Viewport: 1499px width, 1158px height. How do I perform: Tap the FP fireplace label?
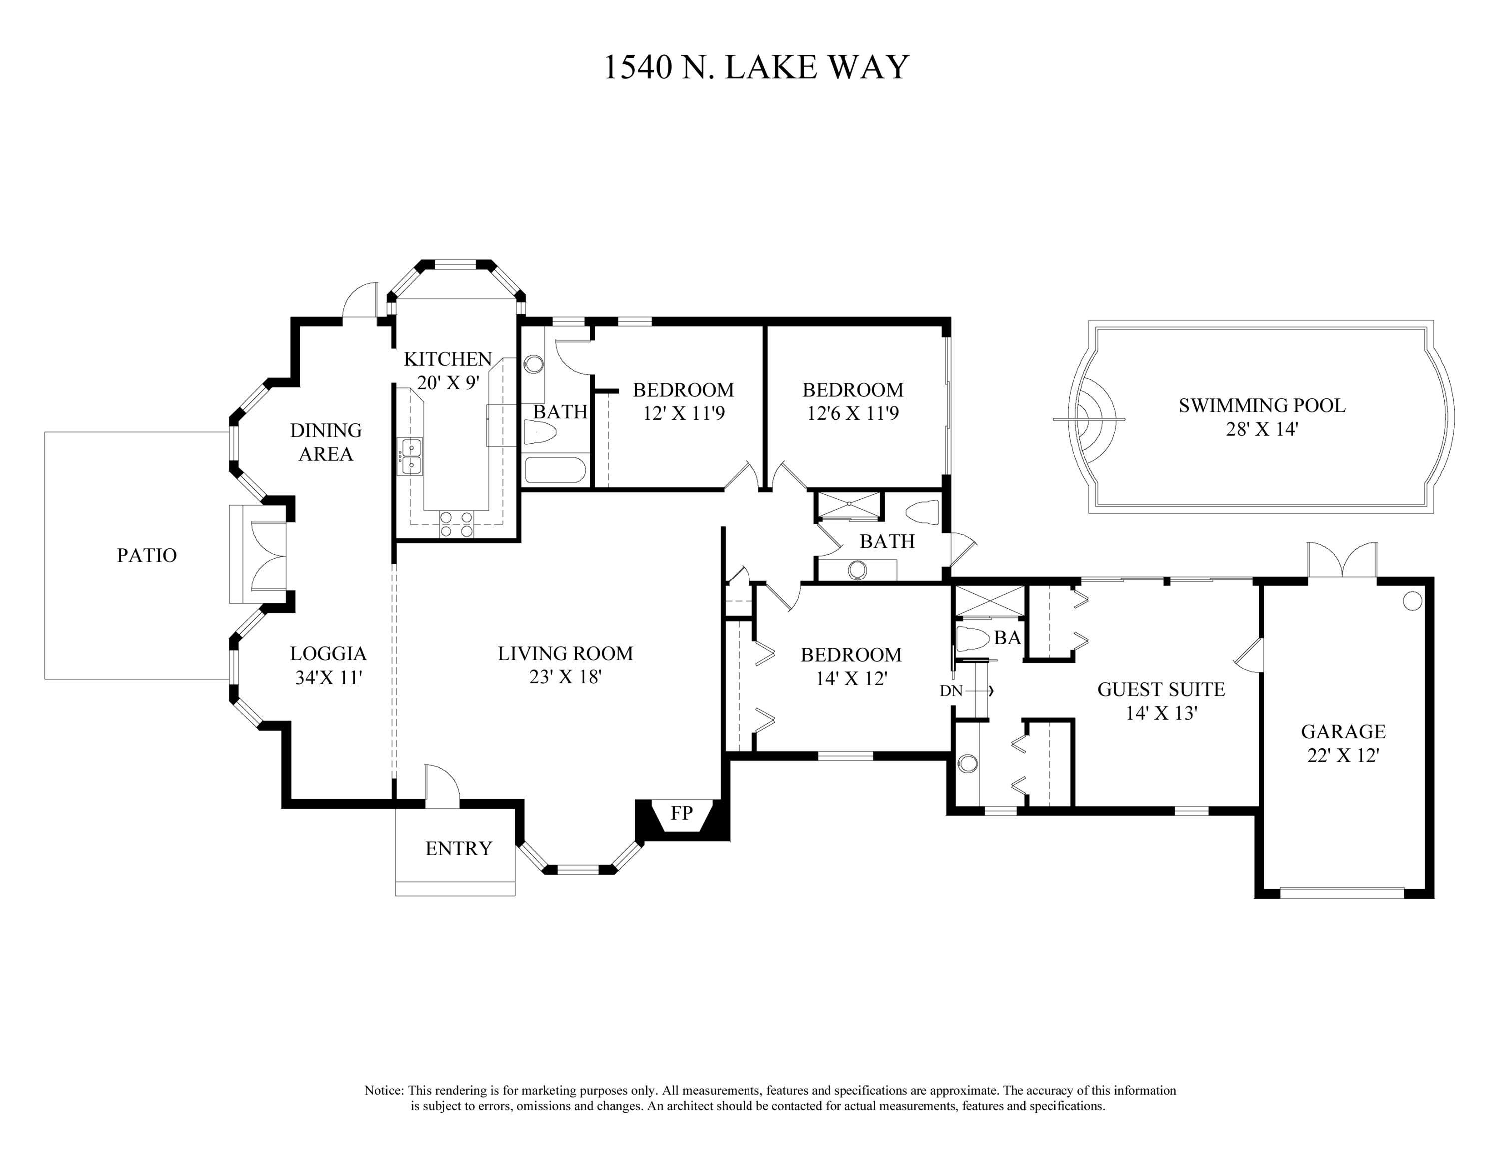[x=681, y=813]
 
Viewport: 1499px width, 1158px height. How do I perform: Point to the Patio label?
[x=147, y=555]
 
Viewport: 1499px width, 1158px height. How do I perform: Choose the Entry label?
[x=459, y=849]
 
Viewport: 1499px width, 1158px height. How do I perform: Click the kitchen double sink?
[x=411, y=456]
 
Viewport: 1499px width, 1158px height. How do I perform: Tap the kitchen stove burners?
[x=456, y=524]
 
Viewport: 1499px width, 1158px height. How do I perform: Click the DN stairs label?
[x=951, y=691]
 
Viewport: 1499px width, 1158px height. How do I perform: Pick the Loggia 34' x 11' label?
[x=328, y=665]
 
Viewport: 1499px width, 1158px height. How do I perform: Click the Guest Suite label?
[x=1161, y=689]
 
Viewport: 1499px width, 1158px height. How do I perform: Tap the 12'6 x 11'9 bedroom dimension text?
[x=853, y=413]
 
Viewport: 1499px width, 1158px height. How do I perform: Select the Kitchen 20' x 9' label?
[x=448, y=371]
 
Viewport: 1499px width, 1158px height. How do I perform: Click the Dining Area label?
[x=326, y=442]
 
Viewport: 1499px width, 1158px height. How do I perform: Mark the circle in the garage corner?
[x=1412, y=601]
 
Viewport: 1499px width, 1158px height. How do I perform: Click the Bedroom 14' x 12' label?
[x=851, y=666]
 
